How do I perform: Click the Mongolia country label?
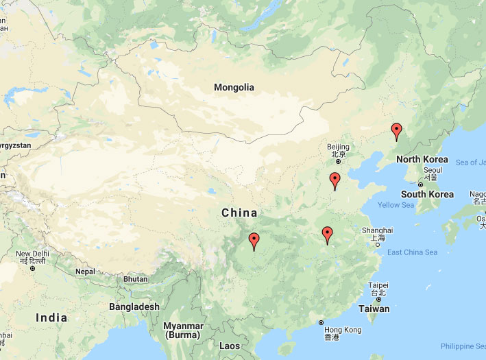tap(234, 87)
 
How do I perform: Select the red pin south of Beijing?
tap(335, 180)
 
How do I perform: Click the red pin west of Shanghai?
tap(328, 235)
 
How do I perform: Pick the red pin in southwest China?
tap(254, 241)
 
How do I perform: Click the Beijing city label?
tap(338, 147)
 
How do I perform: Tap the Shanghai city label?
tap(378, 230)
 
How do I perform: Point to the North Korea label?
tap(422, 160)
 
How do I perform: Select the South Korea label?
tap(427, 194)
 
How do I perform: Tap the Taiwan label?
tap(374, 309)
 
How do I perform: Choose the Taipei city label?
tap(378, 285)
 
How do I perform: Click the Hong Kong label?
tap(342, 330)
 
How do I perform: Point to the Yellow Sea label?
tap(396, 205)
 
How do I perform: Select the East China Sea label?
tap(412, 252)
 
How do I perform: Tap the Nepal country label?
tap(85, 272)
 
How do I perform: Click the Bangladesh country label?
tap(134, 307)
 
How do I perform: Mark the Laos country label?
tap(230, 346)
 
